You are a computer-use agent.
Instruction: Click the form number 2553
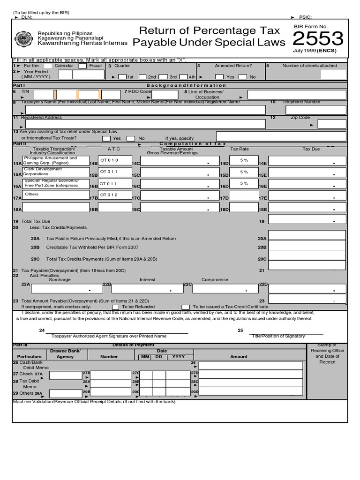(318, 39)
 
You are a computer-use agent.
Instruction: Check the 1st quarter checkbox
(122, 76)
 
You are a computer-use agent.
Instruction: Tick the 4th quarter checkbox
(192, 76)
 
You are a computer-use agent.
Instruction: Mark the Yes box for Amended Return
(219, 76)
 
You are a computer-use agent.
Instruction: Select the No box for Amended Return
(243, 76)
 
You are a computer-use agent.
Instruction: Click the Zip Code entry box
(332, 124)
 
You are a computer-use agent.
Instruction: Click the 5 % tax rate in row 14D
(244, 160)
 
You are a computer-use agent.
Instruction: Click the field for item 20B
(307, 246)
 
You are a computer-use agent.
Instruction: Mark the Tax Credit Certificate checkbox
(186, 307)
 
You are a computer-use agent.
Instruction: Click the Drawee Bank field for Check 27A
(66, 375)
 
